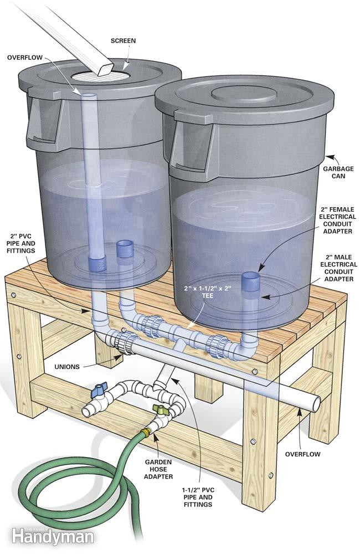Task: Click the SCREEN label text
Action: [x=122, y=41]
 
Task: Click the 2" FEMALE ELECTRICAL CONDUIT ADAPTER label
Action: [x=336, y=220]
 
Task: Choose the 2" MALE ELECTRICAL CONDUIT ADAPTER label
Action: [x=336, y=269]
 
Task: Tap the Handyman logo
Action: [x=53, y=536]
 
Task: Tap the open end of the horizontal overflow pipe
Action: [x=315, y=403]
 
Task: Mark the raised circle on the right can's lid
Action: [x=243, y=94]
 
